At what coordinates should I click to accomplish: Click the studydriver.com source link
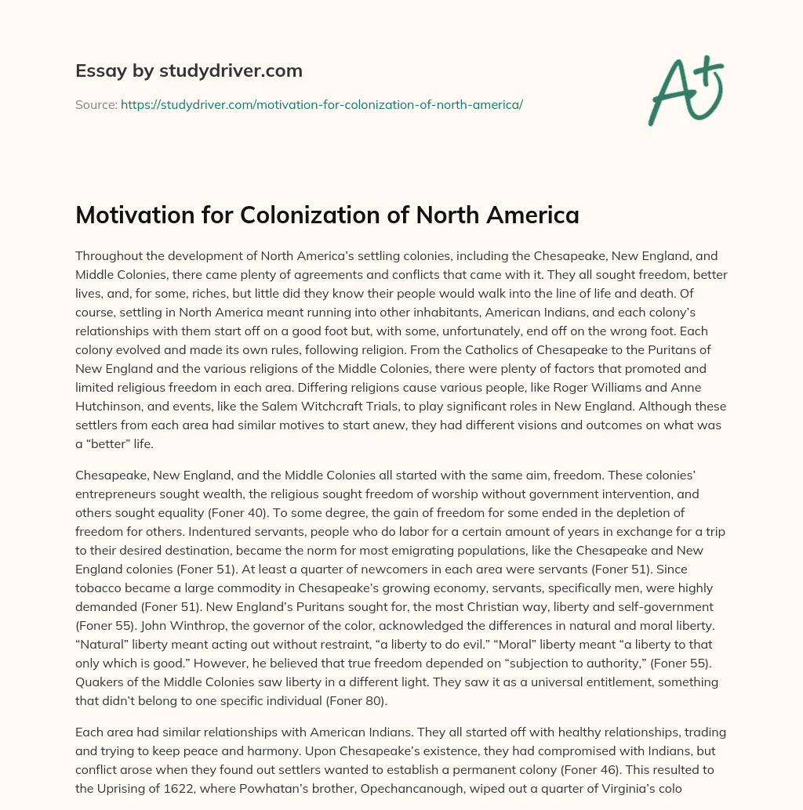322,104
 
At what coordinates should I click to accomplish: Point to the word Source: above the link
96,104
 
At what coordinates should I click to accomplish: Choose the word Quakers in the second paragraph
100,682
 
